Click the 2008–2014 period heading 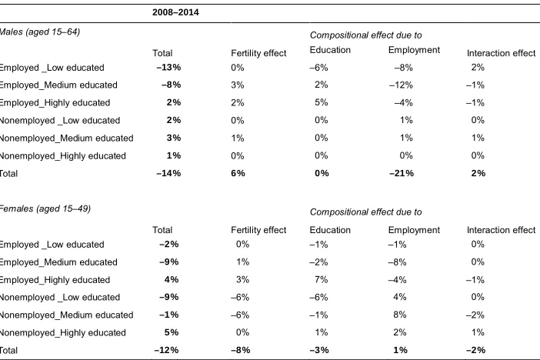(x=175, y=12)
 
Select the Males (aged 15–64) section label (x=39, y=32)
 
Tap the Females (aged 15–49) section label (x=45, y=208)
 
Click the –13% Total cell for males (x=168, y=67)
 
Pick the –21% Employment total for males (x=402, y=173)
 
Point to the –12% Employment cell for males (x=401, y=85)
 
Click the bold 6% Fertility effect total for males (x=238, y=173)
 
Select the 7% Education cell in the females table (x=321, y=279)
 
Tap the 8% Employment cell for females (x=399, y=315)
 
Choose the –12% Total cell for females (x=166, y=350)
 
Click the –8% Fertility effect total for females (x=240, y=350)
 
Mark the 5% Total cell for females (x=172, y=332)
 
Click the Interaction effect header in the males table (x=501, y=53)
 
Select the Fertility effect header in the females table (x=258, y=230)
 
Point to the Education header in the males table (x=330, y=50)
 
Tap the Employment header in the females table (x=414, y=230)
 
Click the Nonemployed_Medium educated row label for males (x=66, y=138)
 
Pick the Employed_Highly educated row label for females (x=55, y=280)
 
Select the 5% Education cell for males (x=321, y=102)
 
